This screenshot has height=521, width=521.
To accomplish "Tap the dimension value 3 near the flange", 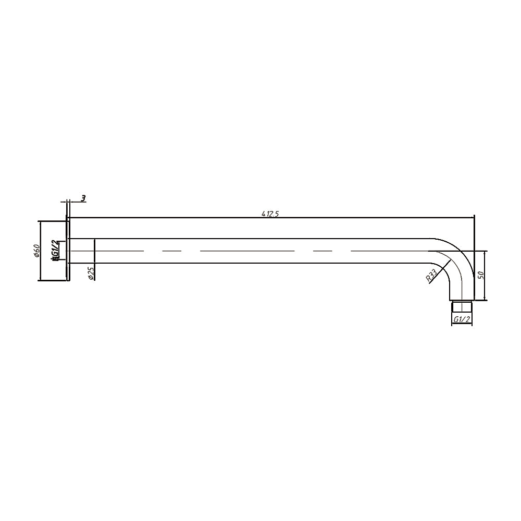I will [83, 199].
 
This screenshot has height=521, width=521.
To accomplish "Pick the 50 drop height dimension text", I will [481, 275].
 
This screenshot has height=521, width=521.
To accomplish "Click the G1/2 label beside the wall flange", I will [55, 251].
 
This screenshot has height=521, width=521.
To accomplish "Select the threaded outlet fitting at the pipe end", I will [461, 306].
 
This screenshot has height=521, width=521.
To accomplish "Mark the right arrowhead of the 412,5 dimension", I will [472, 217].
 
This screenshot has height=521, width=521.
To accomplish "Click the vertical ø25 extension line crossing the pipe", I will [94, 251].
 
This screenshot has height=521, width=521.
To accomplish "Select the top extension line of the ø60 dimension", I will [52, 221].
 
